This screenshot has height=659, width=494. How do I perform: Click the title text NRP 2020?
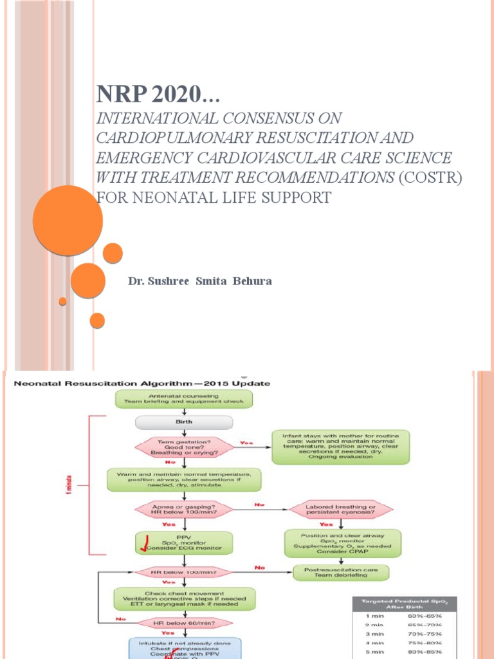[x=157, y=95]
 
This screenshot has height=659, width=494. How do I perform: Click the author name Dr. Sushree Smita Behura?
[x=201, y=281]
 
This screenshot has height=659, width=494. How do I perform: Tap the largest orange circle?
[x=68, y=220]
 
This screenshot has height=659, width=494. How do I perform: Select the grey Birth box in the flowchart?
[x=185, y=422]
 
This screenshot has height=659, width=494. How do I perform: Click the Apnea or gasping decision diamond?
[x=185, y=509]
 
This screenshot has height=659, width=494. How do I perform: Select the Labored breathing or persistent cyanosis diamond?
[x=342, y=509]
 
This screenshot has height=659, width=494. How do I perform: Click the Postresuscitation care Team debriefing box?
[x=342, y=571]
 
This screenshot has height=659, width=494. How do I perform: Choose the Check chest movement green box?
[x=185, y=598]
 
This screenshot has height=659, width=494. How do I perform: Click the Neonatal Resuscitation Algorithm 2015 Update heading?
[x=142, y=383]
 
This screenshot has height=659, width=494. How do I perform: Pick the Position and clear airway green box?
[x=342, y=543]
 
